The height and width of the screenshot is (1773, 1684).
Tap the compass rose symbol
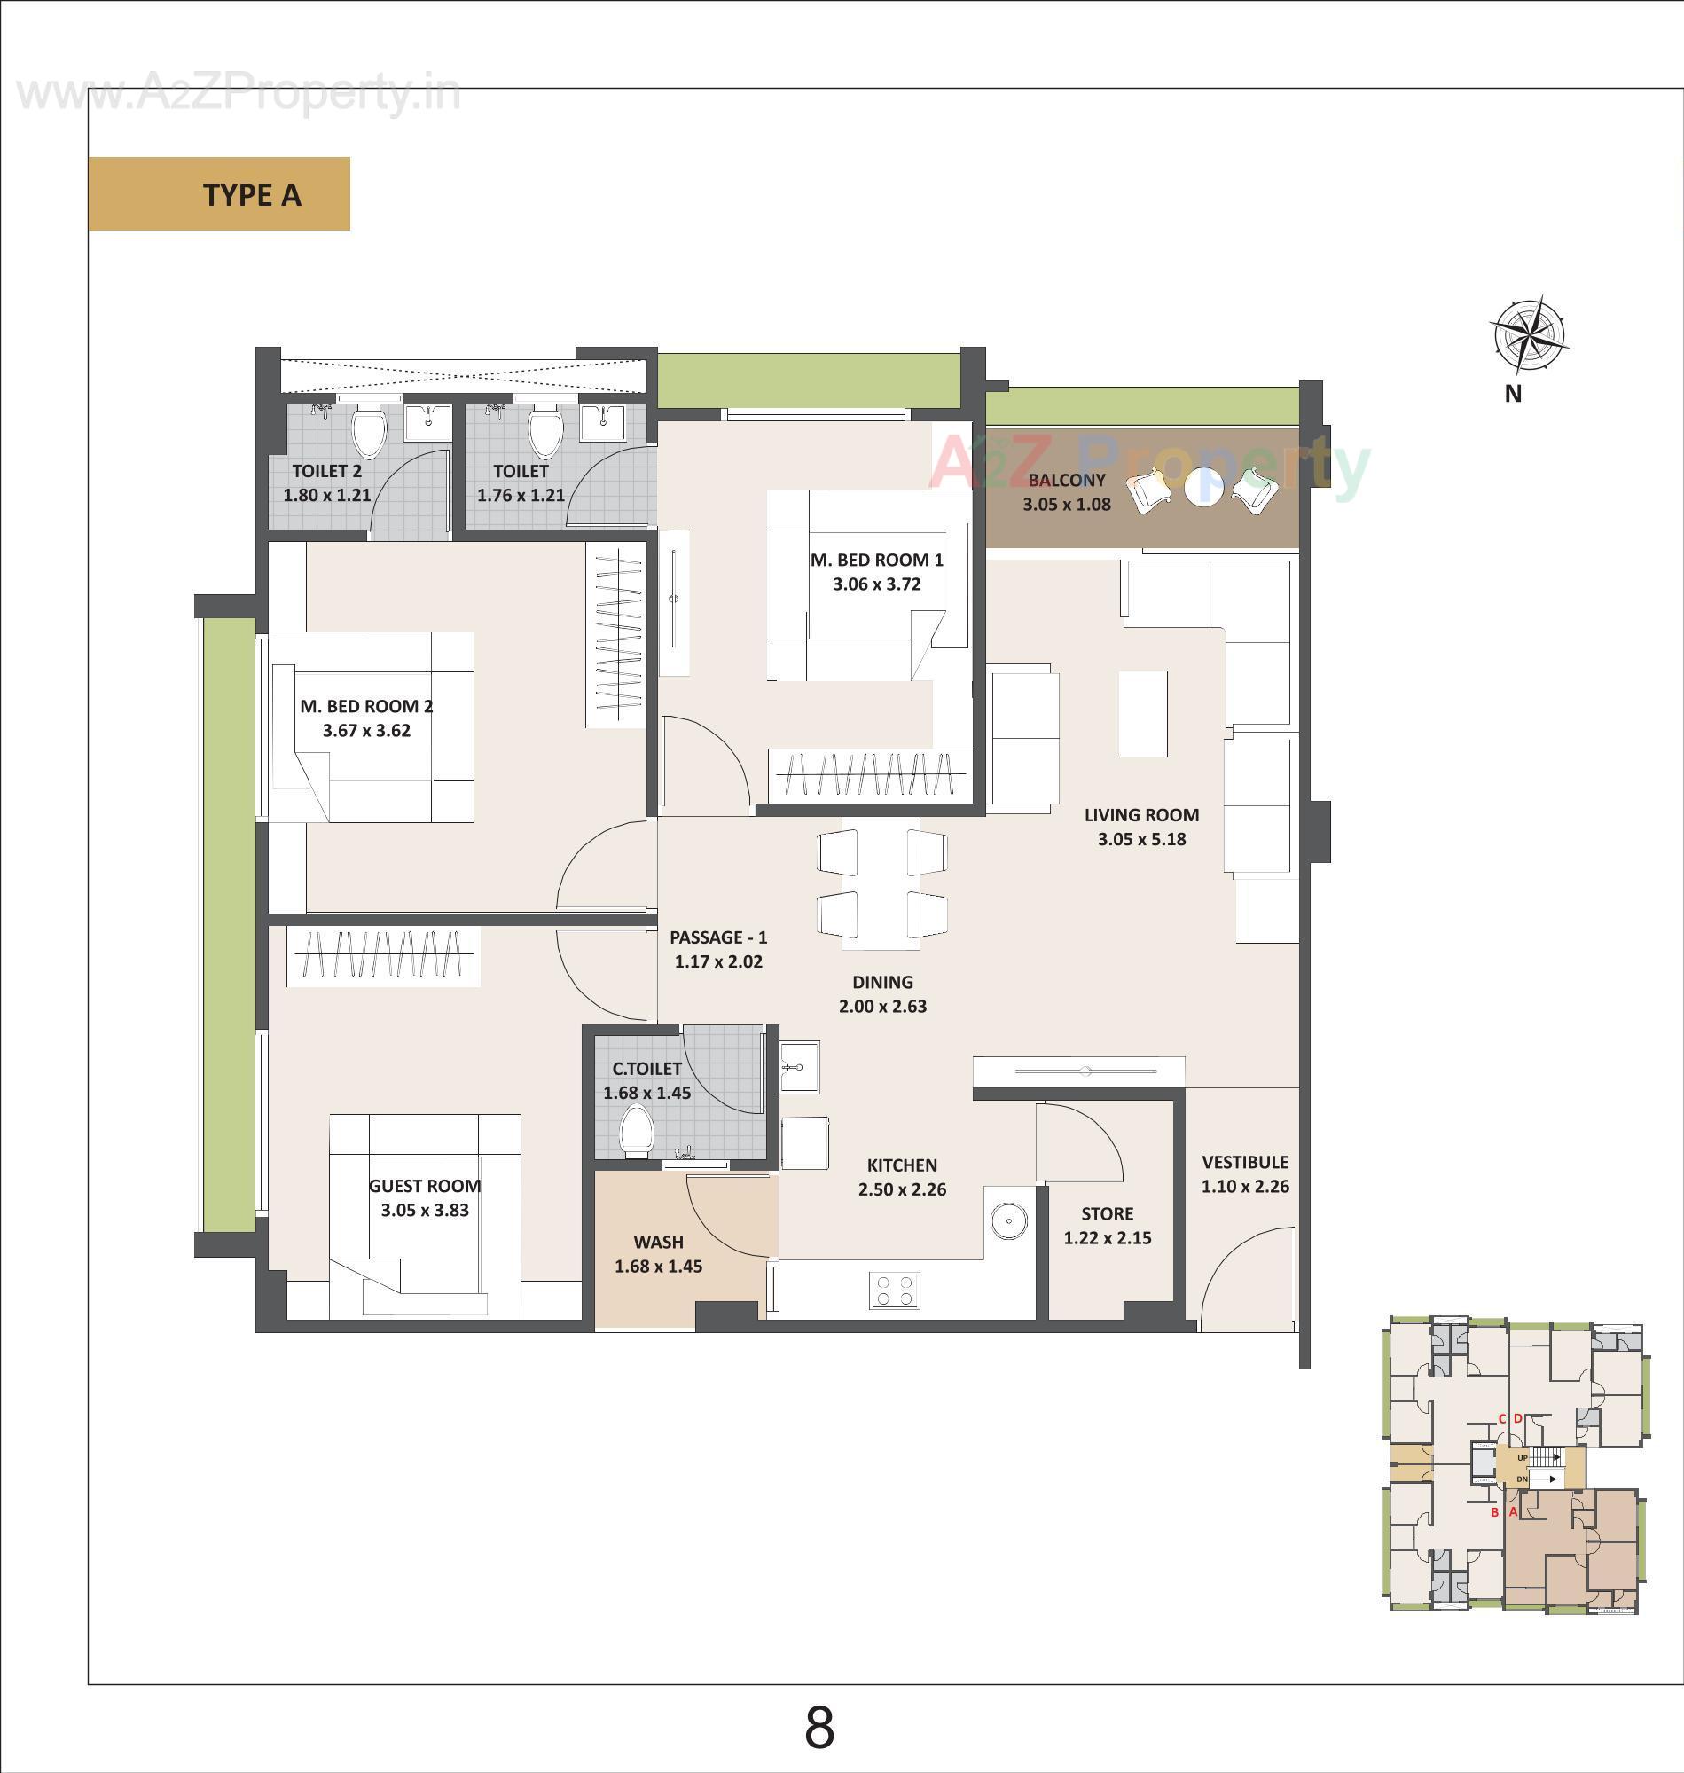(x=1529, y=335)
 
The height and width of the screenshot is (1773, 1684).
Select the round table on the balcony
(x=1202, y=488)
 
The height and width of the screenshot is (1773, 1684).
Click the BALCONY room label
(x=1067, y=481)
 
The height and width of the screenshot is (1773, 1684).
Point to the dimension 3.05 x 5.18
(x=1141, y=839)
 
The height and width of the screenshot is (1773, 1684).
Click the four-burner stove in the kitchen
(x=894, y=1290)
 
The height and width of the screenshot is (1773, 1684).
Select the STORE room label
(x=1107, y=1213)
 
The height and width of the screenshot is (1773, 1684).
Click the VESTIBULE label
(x=1244, y=1163)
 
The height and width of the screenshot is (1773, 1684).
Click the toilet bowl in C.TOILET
(x=636, y=1131)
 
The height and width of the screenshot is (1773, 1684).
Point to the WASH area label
(x=658, y=1243)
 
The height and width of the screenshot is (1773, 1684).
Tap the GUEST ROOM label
(x=425, y=1186)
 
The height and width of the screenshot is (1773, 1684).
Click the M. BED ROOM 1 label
(x=876, y=561)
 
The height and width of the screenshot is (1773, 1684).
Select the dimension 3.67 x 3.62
(x=366, y=731)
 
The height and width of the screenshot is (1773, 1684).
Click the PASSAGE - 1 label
(x=718, y=937)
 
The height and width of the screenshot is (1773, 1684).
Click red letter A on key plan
(x=1513, y=1511)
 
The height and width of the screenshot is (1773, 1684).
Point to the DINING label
(x=882, y=982)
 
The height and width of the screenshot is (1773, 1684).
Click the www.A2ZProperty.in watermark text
(x=238, y=94)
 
